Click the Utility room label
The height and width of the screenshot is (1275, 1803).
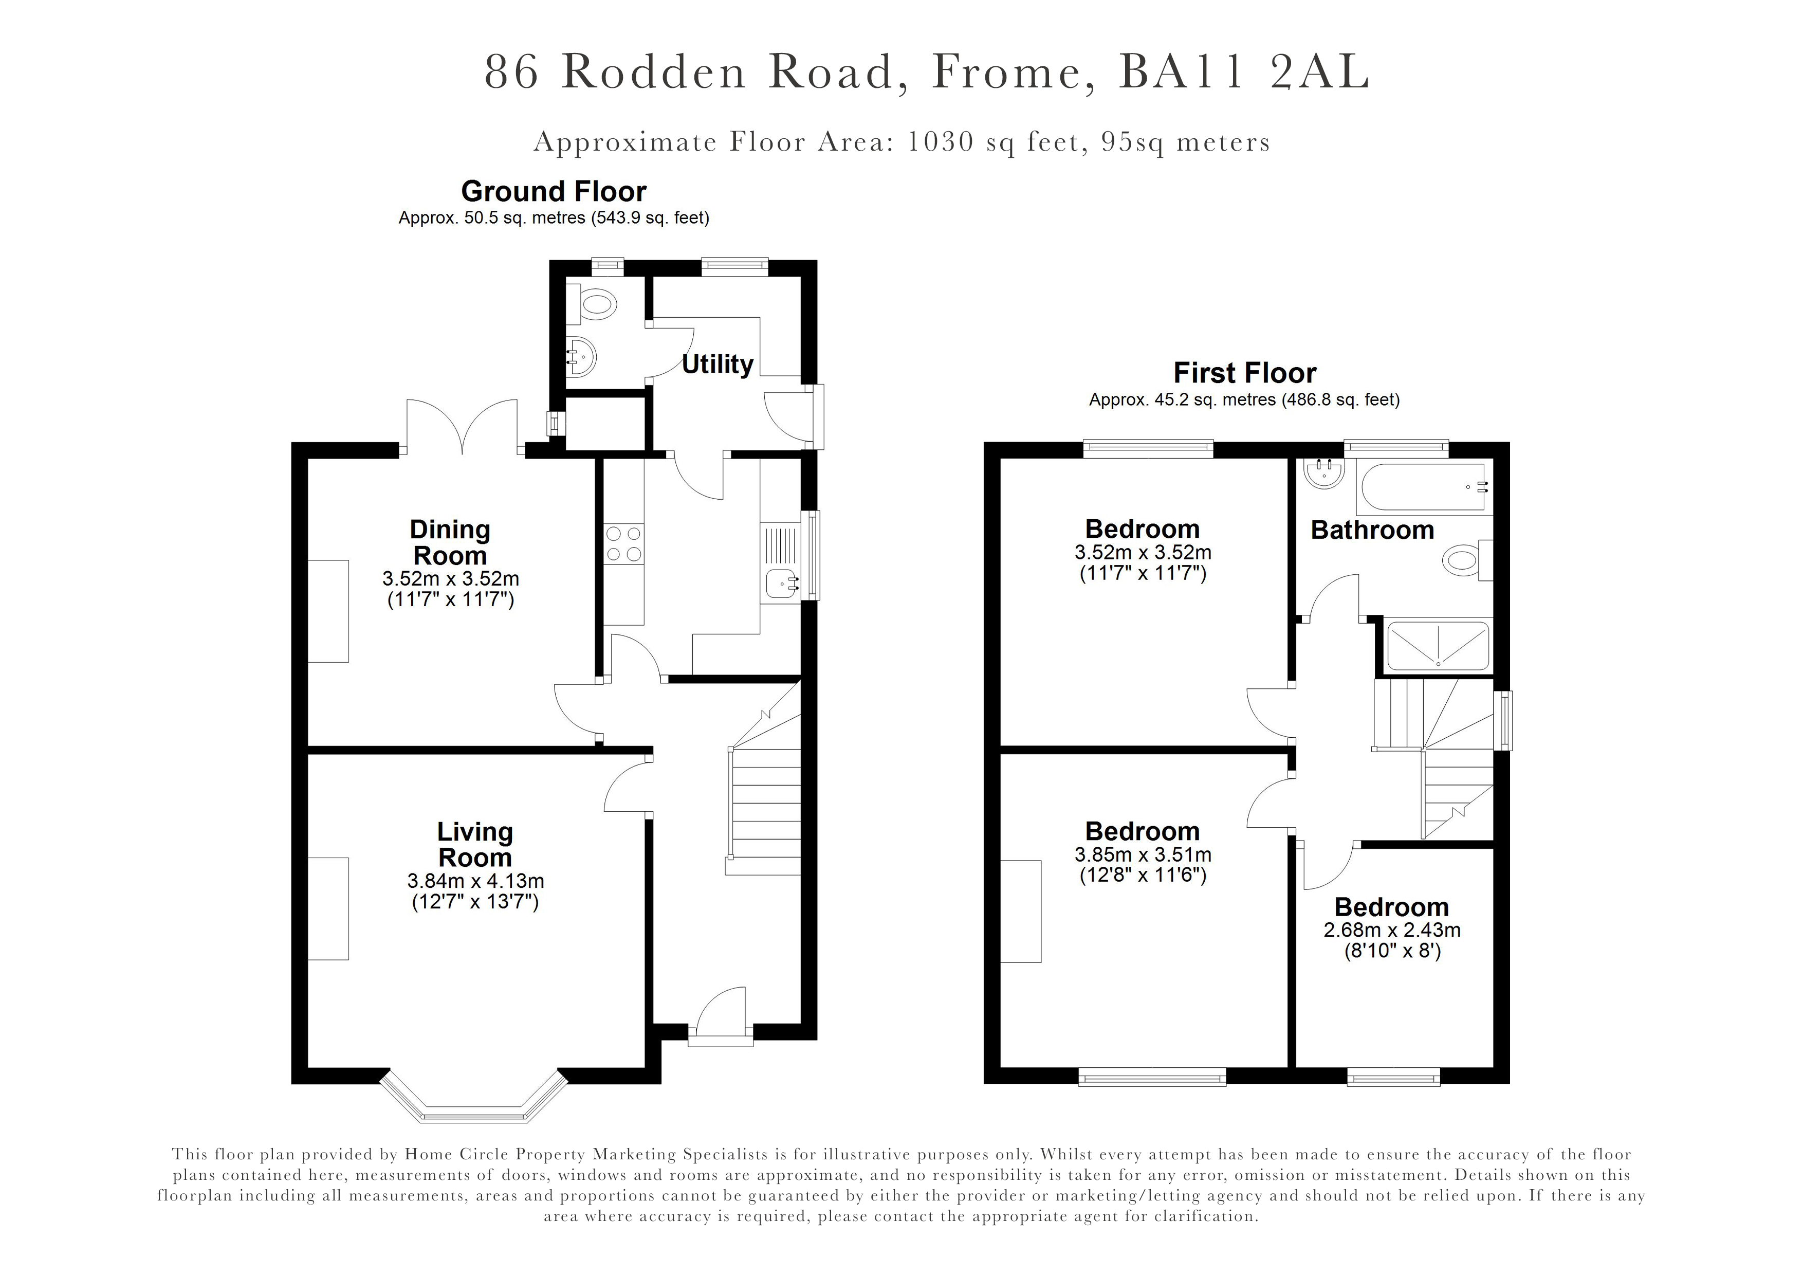(x=717, y=365)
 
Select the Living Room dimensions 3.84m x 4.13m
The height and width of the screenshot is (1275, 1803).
(x=475, y=881)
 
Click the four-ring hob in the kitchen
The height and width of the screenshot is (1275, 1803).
(x=623, y=543)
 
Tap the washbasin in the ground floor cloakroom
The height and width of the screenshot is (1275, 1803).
(x=582, y=358)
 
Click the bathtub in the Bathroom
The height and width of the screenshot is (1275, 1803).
(x=1423, y=487)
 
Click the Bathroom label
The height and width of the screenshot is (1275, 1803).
(x=1372, y=530)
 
